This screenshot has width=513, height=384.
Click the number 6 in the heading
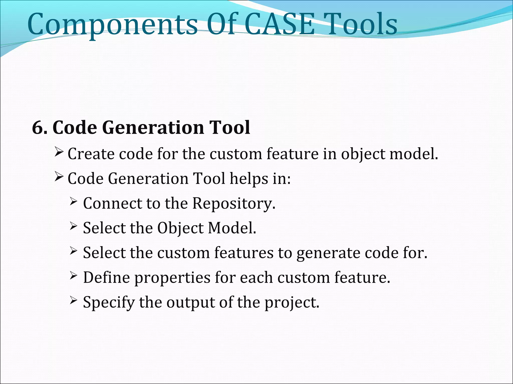pyautogui.click(x=38, y=127)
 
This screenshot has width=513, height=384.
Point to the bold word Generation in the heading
pyautogui.click(x=153, y=127)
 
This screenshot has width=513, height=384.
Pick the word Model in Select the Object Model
pyautogui.click(x=231, y=228)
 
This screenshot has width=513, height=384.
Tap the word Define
pyautogui.click(x=106, y=277)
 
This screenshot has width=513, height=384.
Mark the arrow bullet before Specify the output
pyautogui.click(x=73, y=299)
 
